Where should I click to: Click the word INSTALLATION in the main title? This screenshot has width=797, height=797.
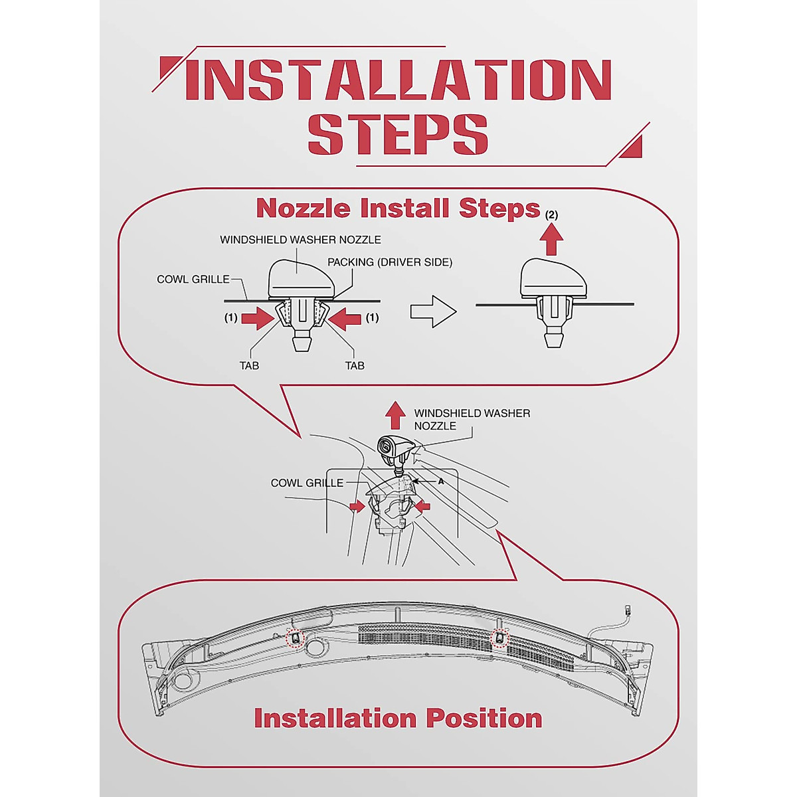tap(397, 80)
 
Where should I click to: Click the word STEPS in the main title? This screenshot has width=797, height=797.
tap(397, 135)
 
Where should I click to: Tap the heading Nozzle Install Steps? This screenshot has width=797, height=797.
tap(397, 209)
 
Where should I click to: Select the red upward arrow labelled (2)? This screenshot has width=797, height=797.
tap(551, 239)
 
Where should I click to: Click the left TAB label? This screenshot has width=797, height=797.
tap(249, 365)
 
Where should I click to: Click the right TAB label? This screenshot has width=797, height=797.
tap(355, 365)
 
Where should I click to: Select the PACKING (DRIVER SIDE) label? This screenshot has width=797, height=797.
tap(389, 262)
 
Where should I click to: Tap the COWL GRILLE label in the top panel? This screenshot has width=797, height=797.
tap(193, 280)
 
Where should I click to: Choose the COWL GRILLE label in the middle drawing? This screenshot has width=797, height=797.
tap(307, 483)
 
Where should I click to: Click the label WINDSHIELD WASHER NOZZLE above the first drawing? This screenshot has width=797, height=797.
tap(300, 240)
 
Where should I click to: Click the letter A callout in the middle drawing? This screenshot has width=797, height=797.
tap(440, 480)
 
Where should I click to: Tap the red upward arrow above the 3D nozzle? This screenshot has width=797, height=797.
tap(395, 416)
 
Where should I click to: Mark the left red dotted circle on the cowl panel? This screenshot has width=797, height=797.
tap(294, 638)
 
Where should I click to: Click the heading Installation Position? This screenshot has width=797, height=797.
tap(397, 719)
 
